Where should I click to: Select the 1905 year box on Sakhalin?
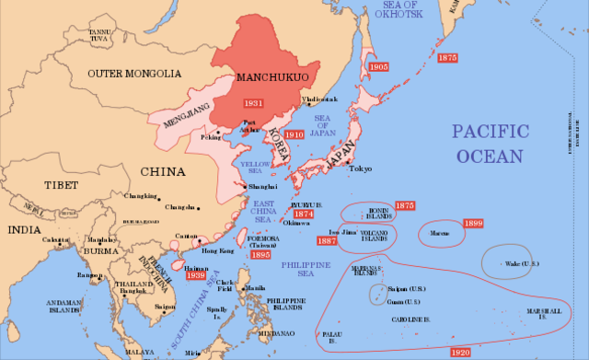pyautogui.click(x=377, y=68)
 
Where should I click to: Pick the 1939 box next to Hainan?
pyautogui.click(x=194, y=274)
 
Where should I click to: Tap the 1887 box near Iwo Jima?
pyautogui.click(x=327, y=241)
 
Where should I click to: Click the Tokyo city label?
pyautogui.click(x=360, y=168)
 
